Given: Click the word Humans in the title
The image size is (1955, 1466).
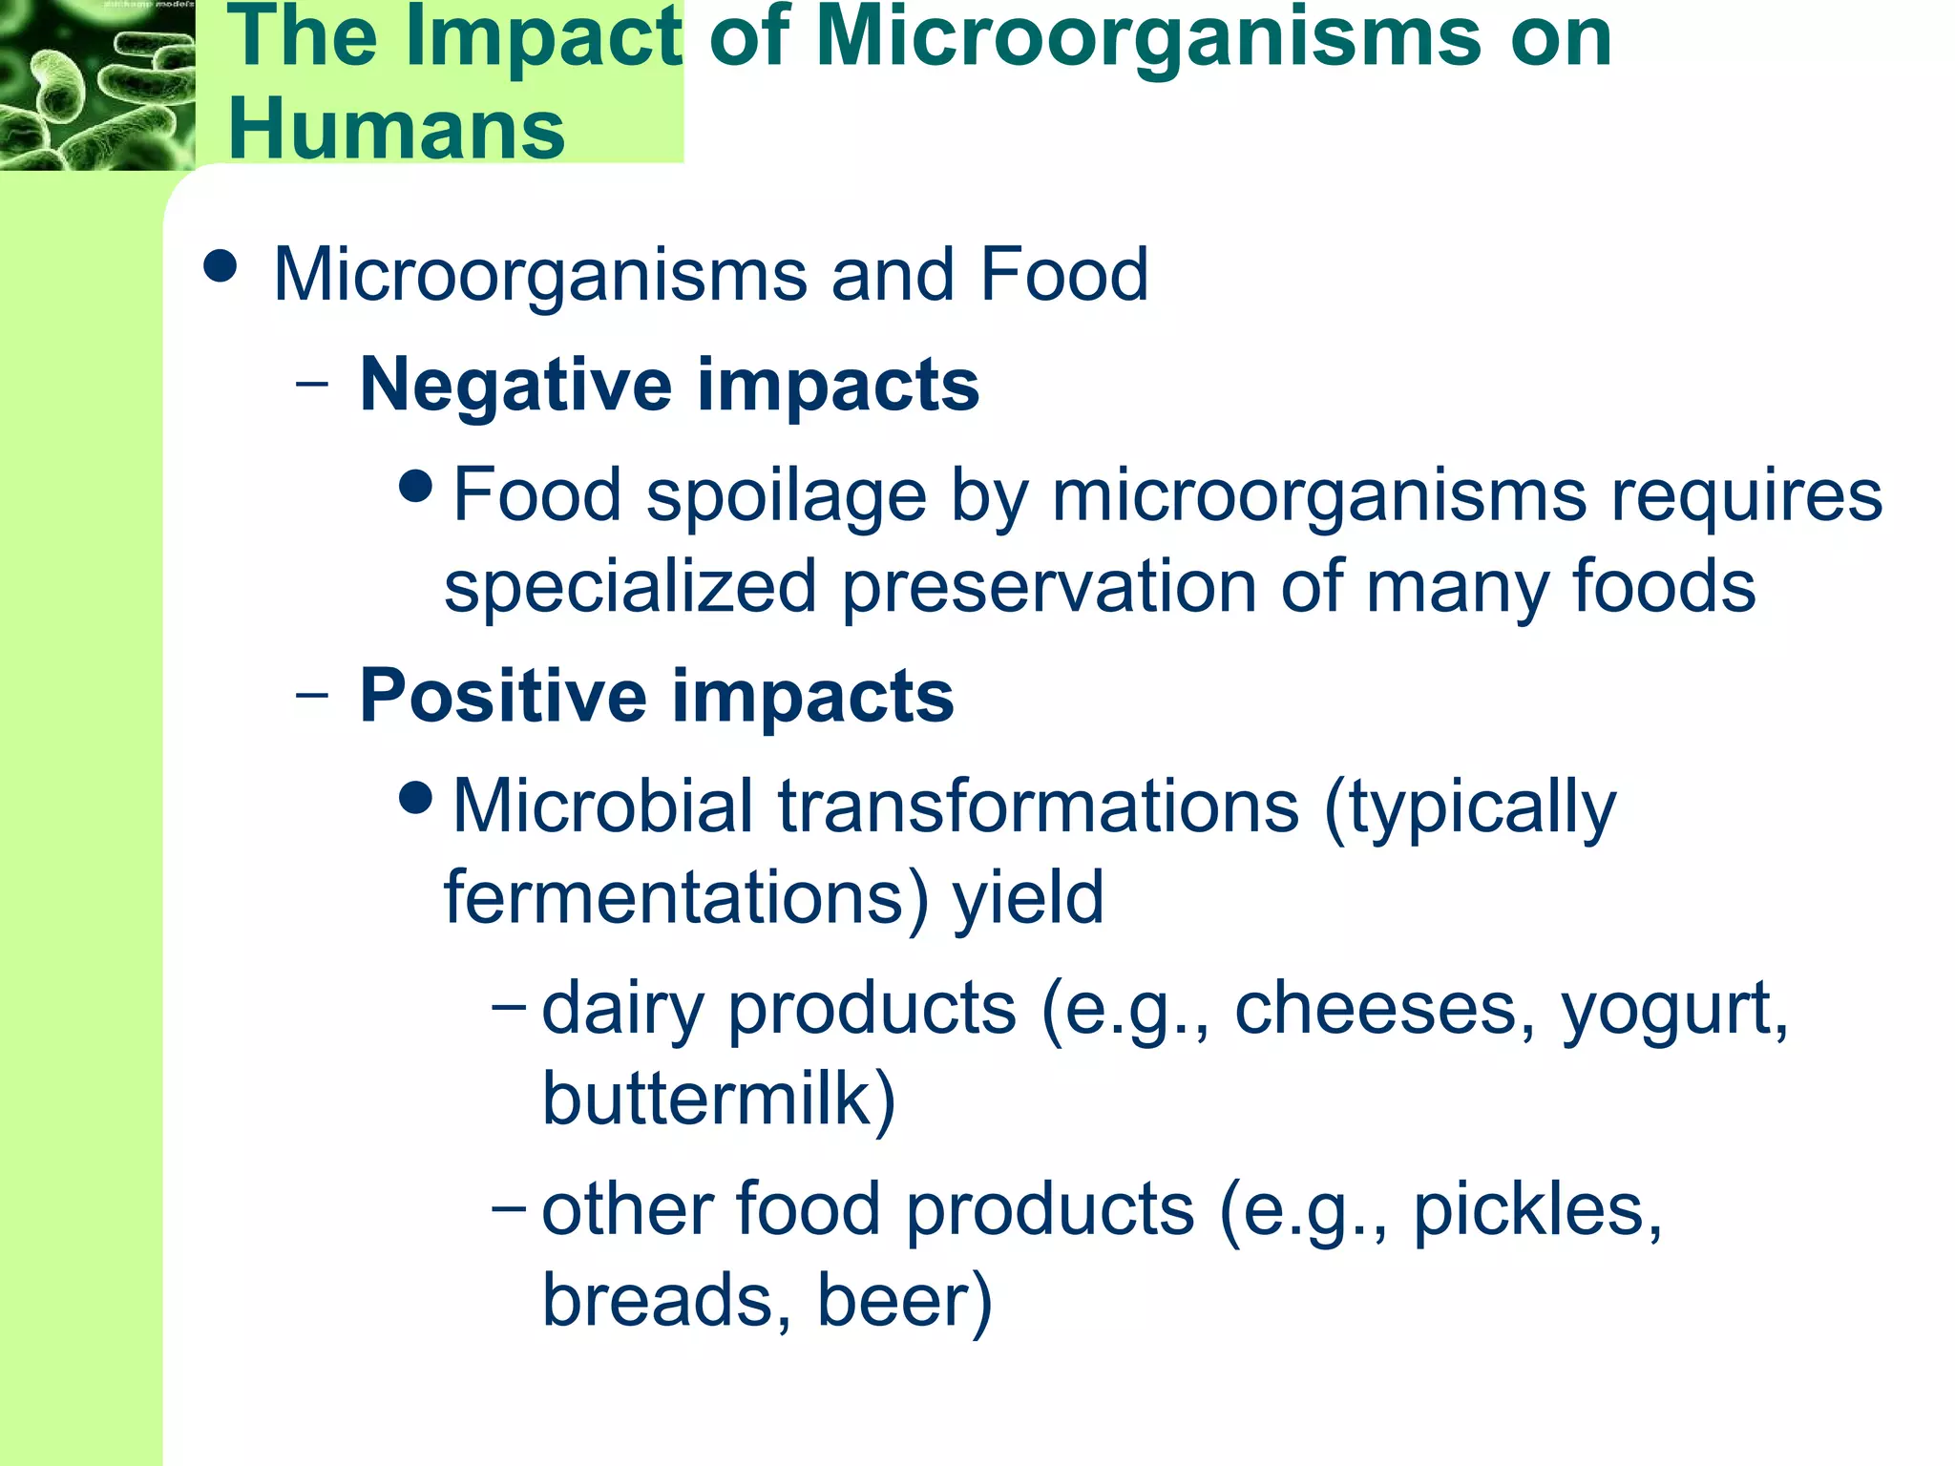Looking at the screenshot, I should pyautogui.click(x=396, y=129).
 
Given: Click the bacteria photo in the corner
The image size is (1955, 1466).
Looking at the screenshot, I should pyautogui.click(x=96, y=85).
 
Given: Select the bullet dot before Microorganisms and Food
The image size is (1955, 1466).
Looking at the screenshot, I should pyautogui.click(x=221, y=266).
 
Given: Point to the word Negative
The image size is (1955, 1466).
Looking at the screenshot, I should pyautogui.click(x=515, y=385).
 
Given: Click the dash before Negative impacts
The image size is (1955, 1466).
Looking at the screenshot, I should pyautogui.click(x=312, y=385).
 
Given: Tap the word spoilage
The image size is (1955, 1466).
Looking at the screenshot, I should pyautogui.click(x=786, y=496).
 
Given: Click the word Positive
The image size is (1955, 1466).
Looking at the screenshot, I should pyautogui.click(x=503, y=696).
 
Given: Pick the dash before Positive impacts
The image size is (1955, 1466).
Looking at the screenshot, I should pyautogui.click(x=312, y=696).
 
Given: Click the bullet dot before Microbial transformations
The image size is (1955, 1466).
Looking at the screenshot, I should pyautogui.click(x=417, y=797).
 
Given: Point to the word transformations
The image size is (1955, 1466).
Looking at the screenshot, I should pyautogui.click(x=1038, y=806).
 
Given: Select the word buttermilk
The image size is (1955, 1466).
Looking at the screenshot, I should pyautogui.click(x=707, y=1099).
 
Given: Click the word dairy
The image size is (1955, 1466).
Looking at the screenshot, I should pyautogui.click(x=621, y=1010).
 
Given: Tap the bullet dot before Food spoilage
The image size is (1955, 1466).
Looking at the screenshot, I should pyautogui.click(x=417, y=488).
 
